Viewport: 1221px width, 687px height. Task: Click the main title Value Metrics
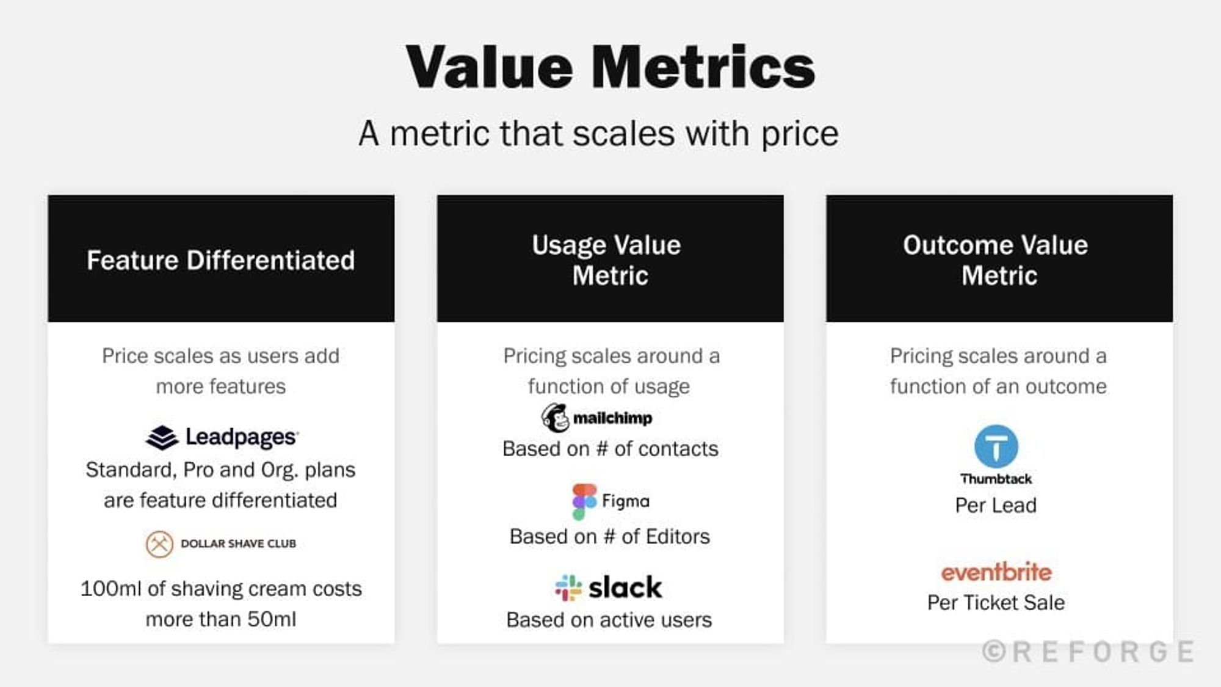(x=610, y=67)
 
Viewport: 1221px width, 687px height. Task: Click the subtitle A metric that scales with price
(x=598, y=134)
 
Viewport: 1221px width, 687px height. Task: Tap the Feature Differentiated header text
(x=220, y=260)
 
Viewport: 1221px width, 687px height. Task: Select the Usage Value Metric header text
(x=608, y=260)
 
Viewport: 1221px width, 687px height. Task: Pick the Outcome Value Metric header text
(x=997, y=260)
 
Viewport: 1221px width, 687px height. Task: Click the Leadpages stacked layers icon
(x=162, y=437)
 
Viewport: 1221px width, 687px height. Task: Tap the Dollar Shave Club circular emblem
(x=159, y=543)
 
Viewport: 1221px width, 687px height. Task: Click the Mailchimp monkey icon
(x=555, y=418)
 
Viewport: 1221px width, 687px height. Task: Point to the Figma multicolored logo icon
(x=584, y=501)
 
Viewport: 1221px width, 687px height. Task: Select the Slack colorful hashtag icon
(x=568, y=587)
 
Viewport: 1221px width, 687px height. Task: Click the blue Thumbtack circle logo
(x=996, y=446)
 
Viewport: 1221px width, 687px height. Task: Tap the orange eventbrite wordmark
(x=996, y=572)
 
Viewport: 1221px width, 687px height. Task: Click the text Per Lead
(x=996, y=506)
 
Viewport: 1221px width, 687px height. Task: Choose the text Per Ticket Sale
(x=996, y=603)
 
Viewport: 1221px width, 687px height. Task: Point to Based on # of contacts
(x=610, y=449)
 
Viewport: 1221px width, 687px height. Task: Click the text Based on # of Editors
(x=609, y=536)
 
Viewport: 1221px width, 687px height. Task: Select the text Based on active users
(x=609, y=620)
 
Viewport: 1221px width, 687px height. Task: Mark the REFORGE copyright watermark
(x=1089, y=652)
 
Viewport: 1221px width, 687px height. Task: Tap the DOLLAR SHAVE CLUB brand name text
(x=238, y=543)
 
